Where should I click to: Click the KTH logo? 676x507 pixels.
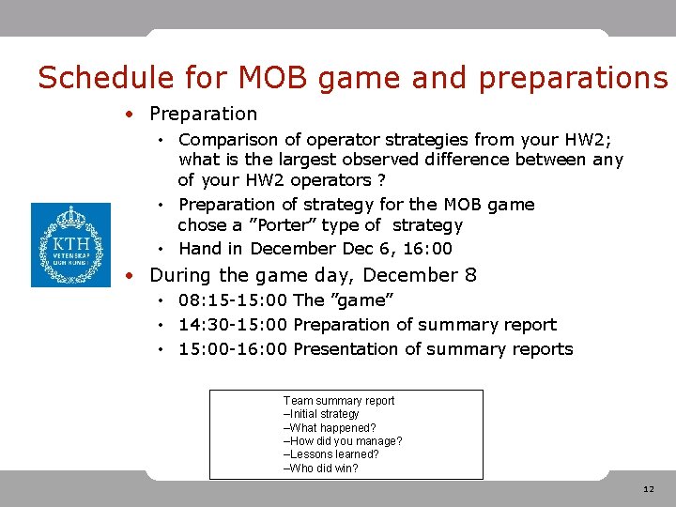pos(70,245)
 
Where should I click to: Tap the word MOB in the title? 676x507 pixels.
pos(269,78)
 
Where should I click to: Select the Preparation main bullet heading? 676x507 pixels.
pos(203,114)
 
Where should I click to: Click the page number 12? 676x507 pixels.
pos(649,489)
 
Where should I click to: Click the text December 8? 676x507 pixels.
pos(420,275)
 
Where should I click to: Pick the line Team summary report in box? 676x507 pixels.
pos(339,401)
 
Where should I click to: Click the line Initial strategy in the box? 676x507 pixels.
pos(322,414)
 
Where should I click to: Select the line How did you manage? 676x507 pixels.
pos(343,441)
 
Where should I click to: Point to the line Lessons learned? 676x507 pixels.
pos(331,454)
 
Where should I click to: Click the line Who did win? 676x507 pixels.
pos(321,469)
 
